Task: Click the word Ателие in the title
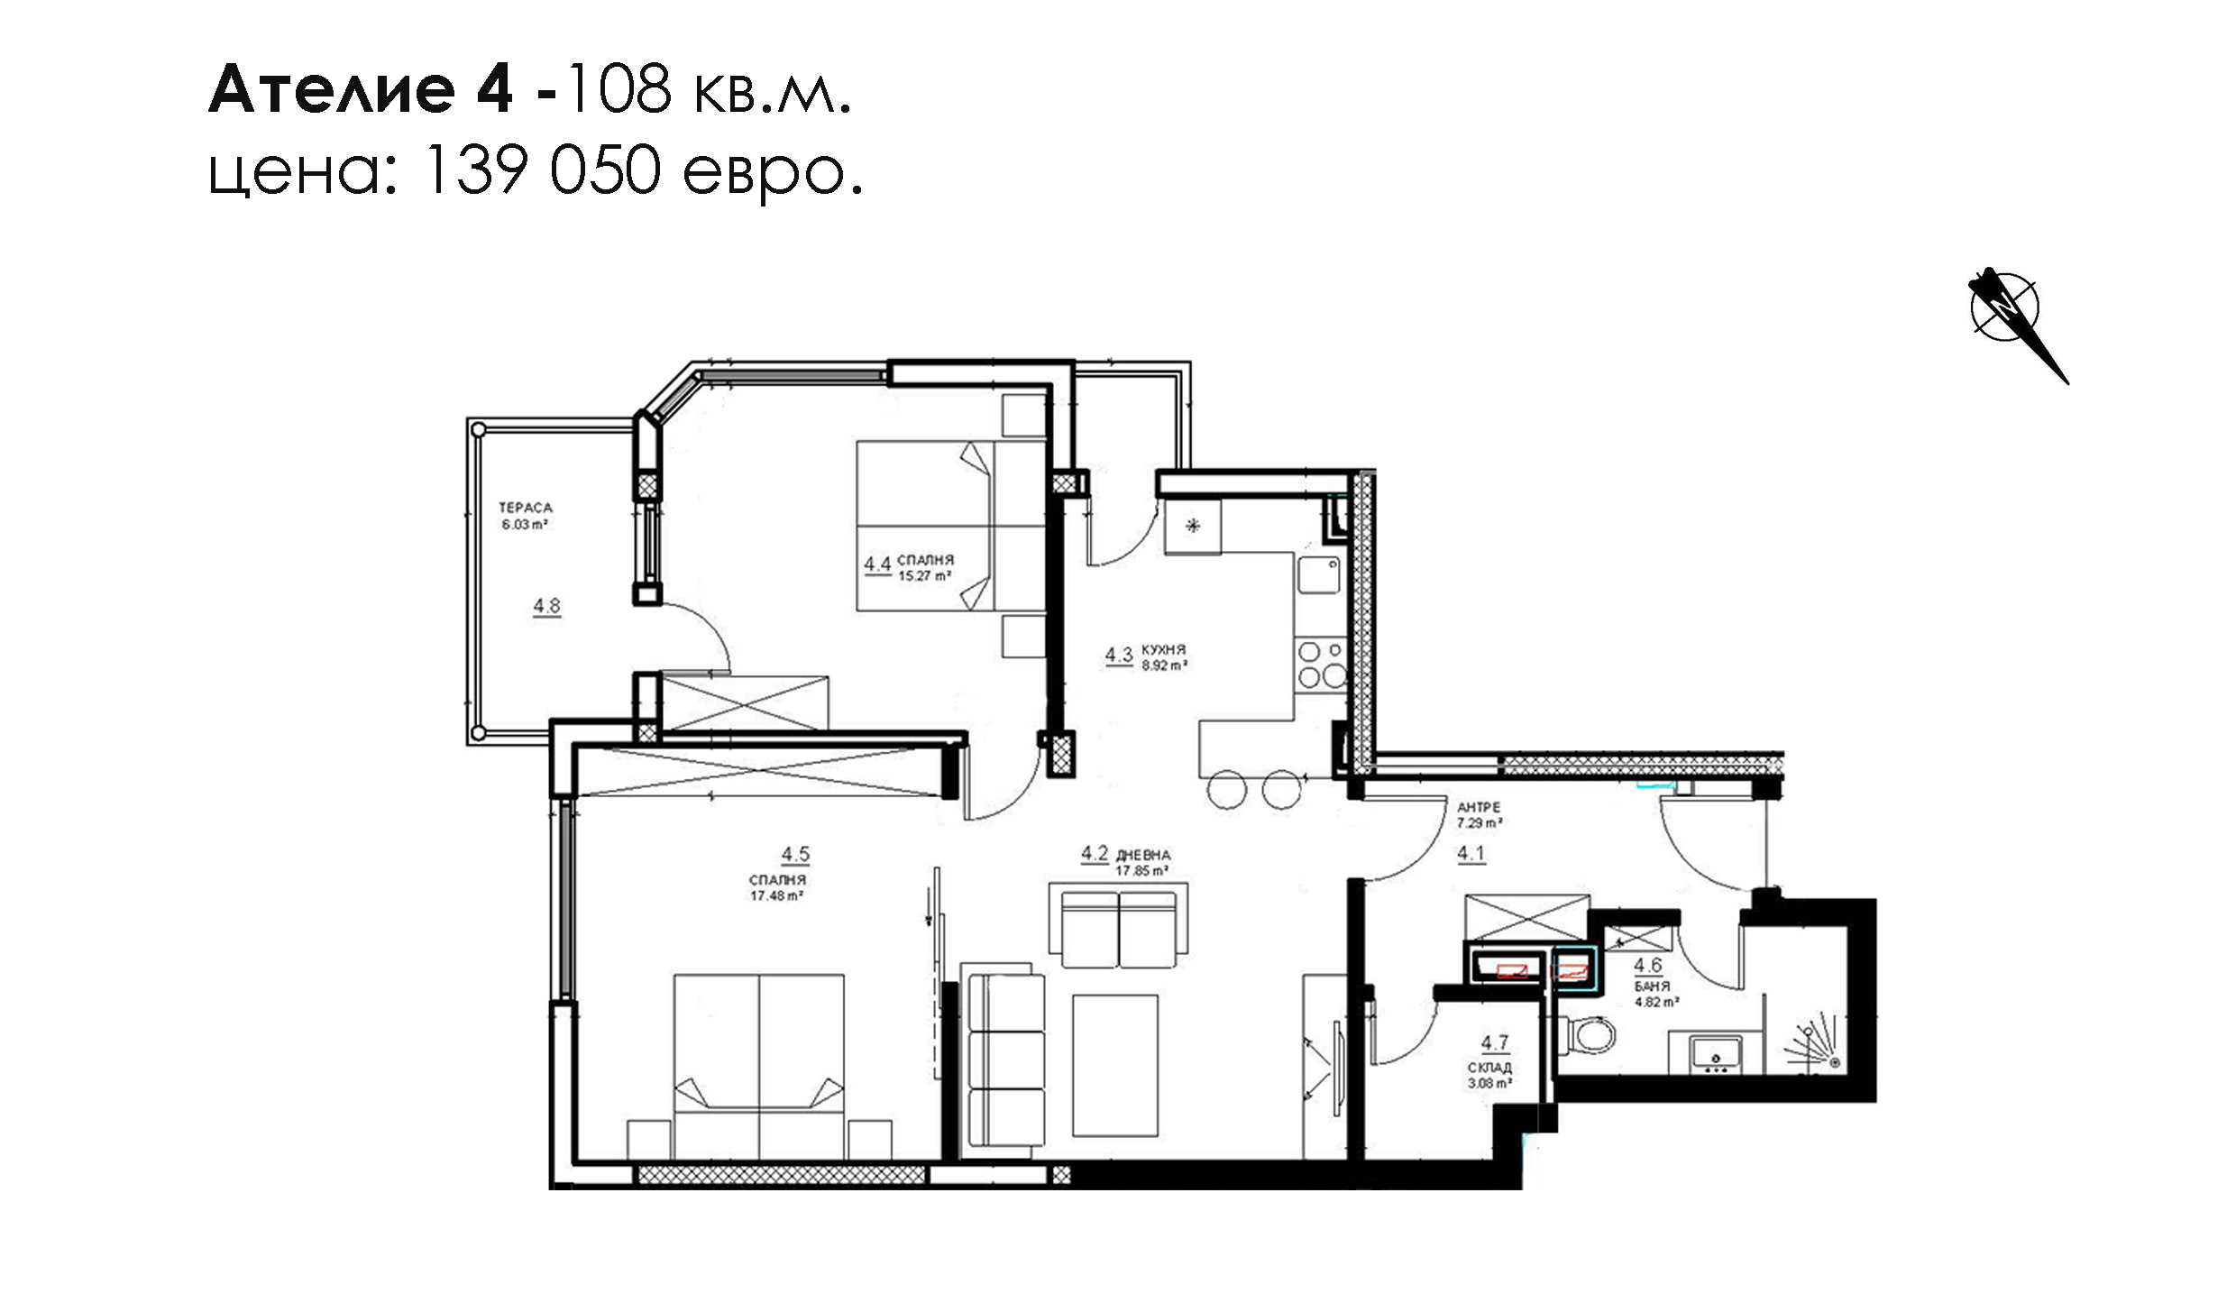(x=332, y=89)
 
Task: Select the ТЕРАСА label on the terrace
(x=526, y=508)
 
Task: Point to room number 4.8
(x=546, y=606)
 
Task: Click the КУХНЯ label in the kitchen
(x=1163, y=649)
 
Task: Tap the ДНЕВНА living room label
(x=1143, y=855)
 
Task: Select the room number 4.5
(x=795, y=854)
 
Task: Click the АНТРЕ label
(x=1479, y=808)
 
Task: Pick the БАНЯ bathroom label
(x=1652, y=986)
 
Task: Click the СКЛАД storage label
(x=1489, y=1068)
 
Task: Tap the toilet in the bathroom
(x=1586, y=1034)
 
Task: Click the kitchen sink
(x=1318, y=574)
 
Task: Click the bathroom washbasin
(x=1716, y=1054)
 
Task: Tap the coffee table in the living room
(x=1114, y=1066)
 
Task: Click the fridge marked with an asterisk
(x=1192, y=527)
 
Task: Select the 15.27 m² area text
(x=924, y=576)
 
